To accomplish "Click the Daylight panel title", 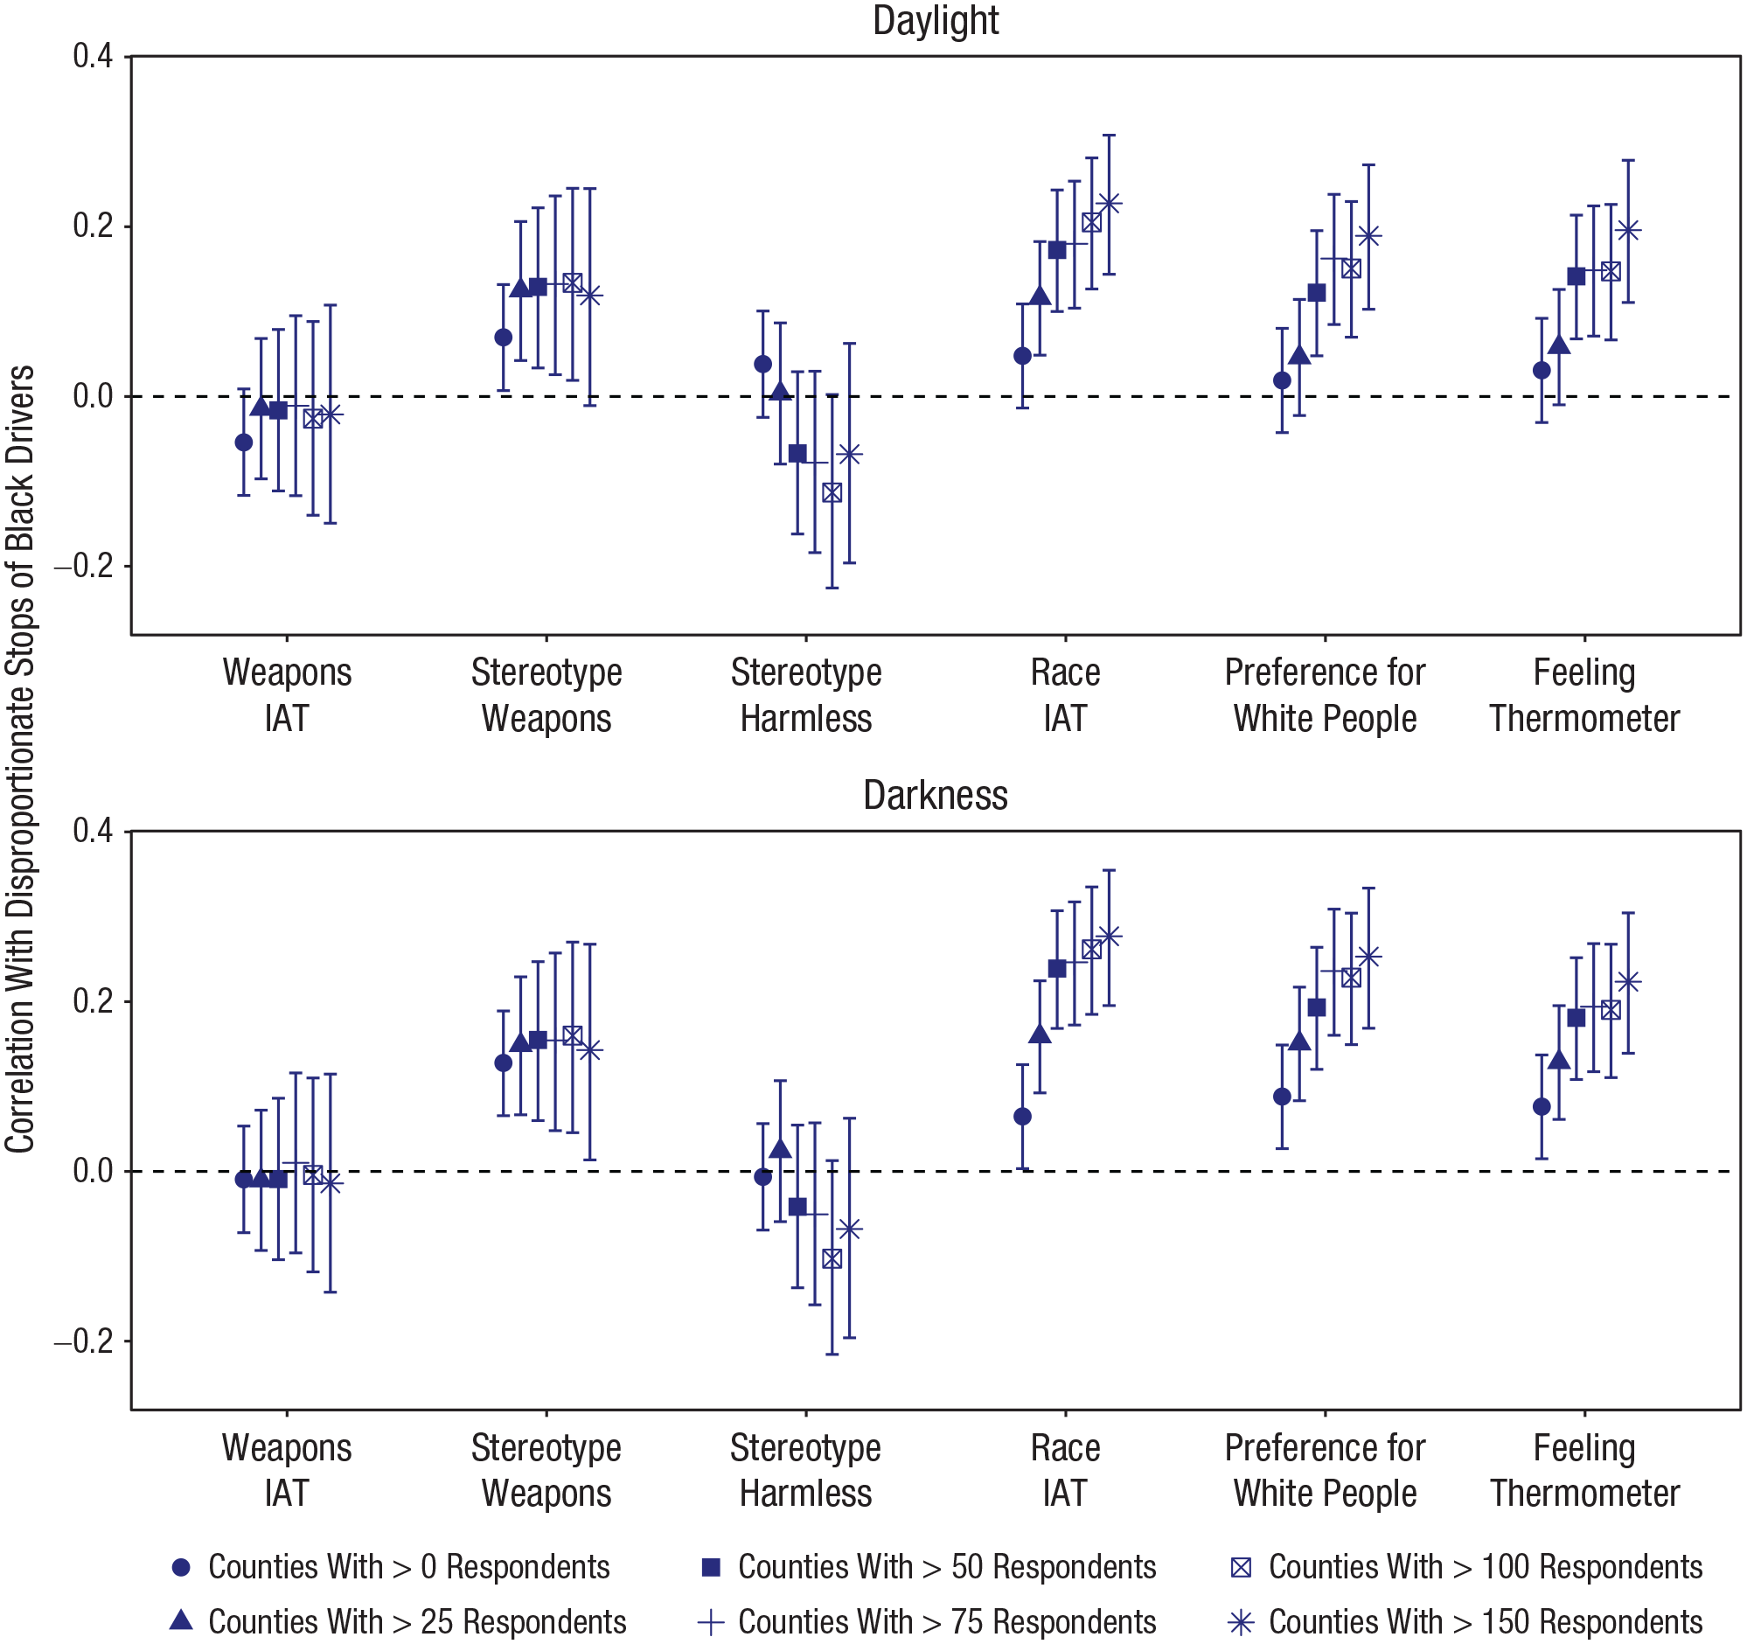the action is point(935,21).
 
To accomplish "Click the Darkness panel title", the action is point(935,795).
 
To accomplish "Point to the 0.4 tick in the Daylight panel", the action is point(94,56).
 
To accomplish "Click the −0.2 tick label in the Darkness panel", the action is point(84,1341).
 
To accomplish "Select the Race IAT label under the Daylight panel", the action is point(1065,695).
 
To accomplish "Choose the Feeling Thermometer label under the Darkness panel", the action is point(1584,1470).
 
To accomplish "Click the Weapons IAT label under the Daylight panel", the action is point(287,695).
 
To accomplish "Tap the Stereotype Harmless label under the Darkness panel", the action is point(805,1470).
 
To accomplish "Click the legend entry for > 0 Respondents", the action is point(391,1567).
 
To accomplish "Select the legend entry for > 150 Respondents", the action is point(1466,1621).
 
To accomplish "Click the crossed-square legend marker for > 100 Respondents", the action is point(1241,1568).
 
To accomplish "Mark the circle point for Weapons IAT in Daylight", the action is point(243,442).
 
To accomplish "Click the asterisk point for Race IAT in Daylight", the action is point(1109,203).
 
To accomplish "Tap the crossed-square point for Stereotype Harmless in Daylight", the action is point(832,492).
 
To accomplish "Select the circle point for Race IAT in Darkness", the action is point(1022,1117).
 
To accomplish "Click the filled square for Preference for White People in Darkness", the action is point(1317,1007).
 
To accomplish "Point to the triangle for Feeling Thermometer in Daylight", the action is point(1559,345).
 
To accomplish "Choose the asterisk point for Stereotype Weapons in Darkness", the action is point(590,1050).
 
